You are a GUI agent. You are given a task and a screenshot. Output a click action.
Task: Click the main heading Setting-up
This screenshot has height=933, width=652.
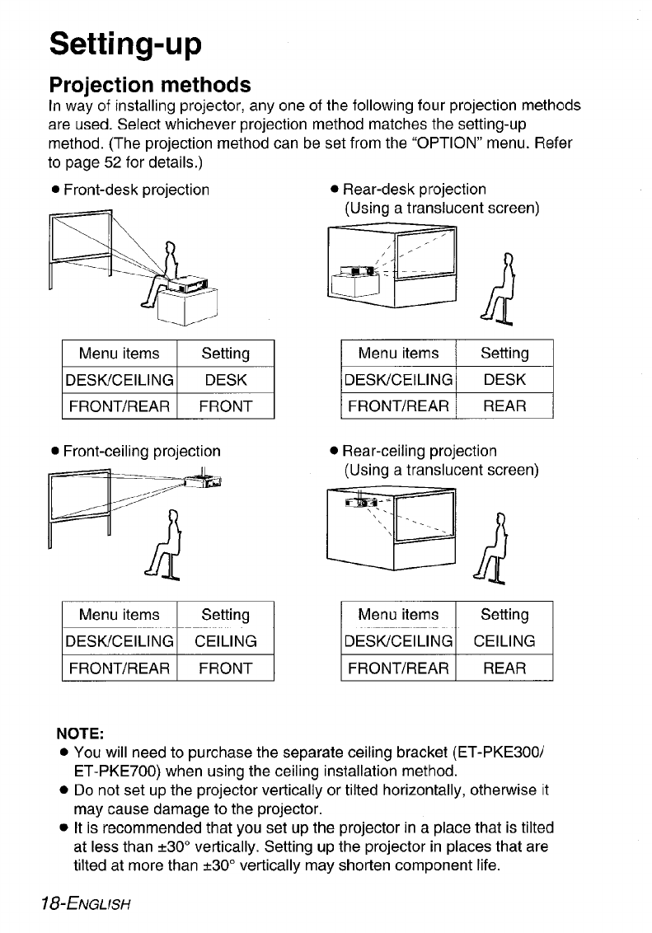pyautogui.click(x=125, y=43)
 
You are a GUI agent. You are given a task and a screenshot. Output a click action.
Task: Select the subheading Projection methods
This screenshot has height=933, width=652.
pyautogui.click(x=149, y=85)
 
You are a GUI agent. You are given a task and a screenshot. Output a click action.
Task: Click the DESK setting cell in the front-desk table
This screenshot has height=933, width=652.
pyautogui.click(x=225, y=380)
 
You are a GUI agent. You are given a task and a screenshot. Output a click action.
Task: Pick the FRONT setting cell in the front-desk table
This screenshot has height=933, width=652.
pyautogui.click(x=225, y=406)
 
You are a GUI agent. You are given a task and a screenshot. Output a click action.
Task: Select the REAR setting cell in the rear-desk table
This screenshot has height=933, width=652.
pyautogui.click(x=504, y=406)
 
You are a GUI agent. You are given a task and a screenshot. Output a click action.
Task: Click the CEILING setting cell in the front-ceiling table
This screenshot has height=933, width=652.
pyautogui.click(x=225, y=640)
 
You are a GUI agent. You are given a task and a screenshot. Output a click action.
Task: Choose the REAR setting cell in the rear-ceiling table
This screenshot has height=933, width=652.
pyautogui.click(x=504, y=667)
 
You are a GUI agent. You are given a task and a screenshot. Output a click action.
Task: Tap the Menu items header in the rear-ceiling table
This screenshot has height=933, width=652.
pyautogui.click(x=398, y=615)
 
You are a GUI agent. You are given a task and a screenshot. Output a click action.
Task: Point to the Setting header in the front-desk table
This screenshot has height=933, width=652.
pyautogui.click(x=225, y=354)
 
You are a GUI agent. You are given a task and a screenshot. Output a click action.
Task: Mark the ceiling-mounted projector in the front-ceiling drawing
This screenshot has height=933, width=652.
pyautogui.click(x=205, y=481)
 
